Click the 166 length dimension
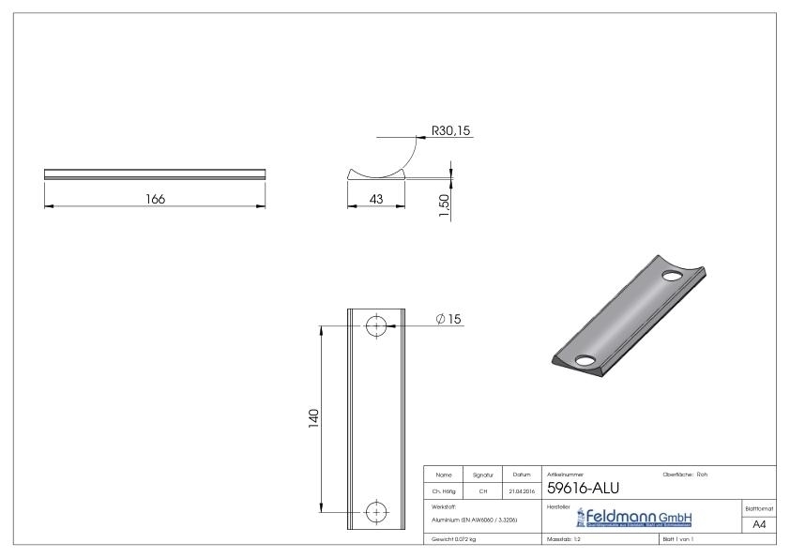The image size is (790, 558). (x=156, y=198)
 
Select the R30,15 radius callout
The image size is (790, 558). (x=450, y=130)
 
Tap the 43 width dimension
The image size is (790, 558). (x=375, y=198)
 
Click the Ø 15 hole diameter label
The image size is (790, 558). (x=449, y=319)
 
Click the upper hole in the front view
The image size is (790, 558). (x=376, y=325)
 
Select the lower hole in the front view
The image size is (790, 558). (x=376, y=511)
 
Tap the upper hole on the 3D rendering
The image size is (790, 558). (x=672, y=277)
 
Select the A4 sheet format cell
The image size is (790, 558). (x=759, y=525)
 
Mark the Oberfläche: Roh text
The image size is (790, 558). (x=685, y=475)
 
